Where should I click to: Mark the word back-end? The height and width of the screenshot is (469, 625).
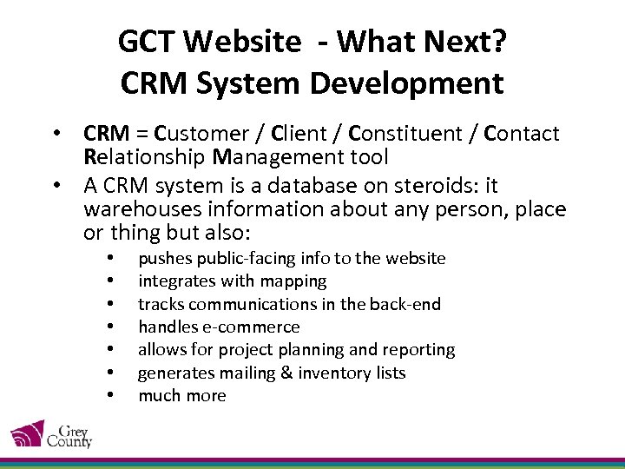406,304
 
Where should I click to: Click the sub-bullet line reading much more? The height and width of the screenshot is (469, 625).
182,396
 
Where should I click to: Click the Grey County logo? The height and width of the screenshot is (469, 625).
50,434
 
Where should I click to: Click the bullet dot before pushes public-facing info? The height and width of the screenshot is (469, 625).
110,259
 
